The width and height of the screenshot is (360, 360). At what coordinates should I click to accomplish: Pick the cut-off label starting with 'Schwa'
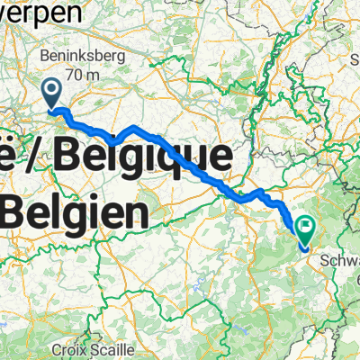(x=340, y=260)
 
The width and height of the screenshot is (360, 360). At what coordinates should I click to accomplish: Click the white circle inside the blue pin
(x=51, y=88)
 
